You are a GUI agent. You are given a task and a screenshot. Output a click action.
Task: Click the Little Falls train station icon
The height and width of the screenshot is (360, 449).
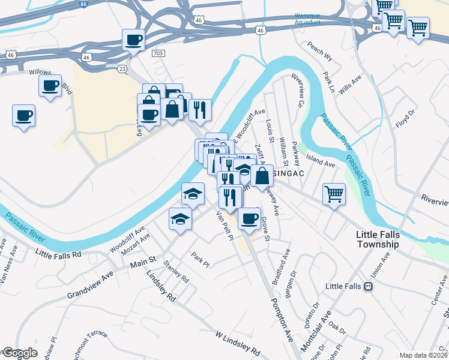pyautogui.click(x=368, y=287)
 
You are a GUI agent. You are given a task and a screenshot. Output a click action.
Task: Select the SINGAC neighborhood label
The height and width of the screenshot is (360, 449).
pyautogui.click(x=287, y=174)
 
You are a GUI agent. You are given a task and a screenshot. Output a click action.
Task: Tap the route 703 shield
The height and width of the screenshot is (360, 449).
pyautogui.click(x=158, y=53)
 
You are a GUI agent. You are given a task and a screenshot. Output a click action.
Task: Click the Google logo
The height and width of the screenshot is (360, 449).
pyautogui.click(x=19, y=353)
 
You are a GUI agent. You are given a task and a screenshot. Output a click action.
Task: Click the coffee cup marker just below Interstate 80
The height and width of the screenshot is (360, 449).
pyautogui.click(x=133, y=41)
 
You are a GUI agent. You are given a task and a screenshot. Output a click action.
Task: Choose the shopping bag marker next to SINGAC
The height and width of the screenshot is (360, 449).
pyautogui.click(x=262, y=176)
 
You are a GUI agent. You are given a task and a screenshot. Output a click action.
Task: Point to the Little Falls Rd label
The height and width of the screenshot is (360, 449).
pyautogui.click(x=58, y=254)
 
